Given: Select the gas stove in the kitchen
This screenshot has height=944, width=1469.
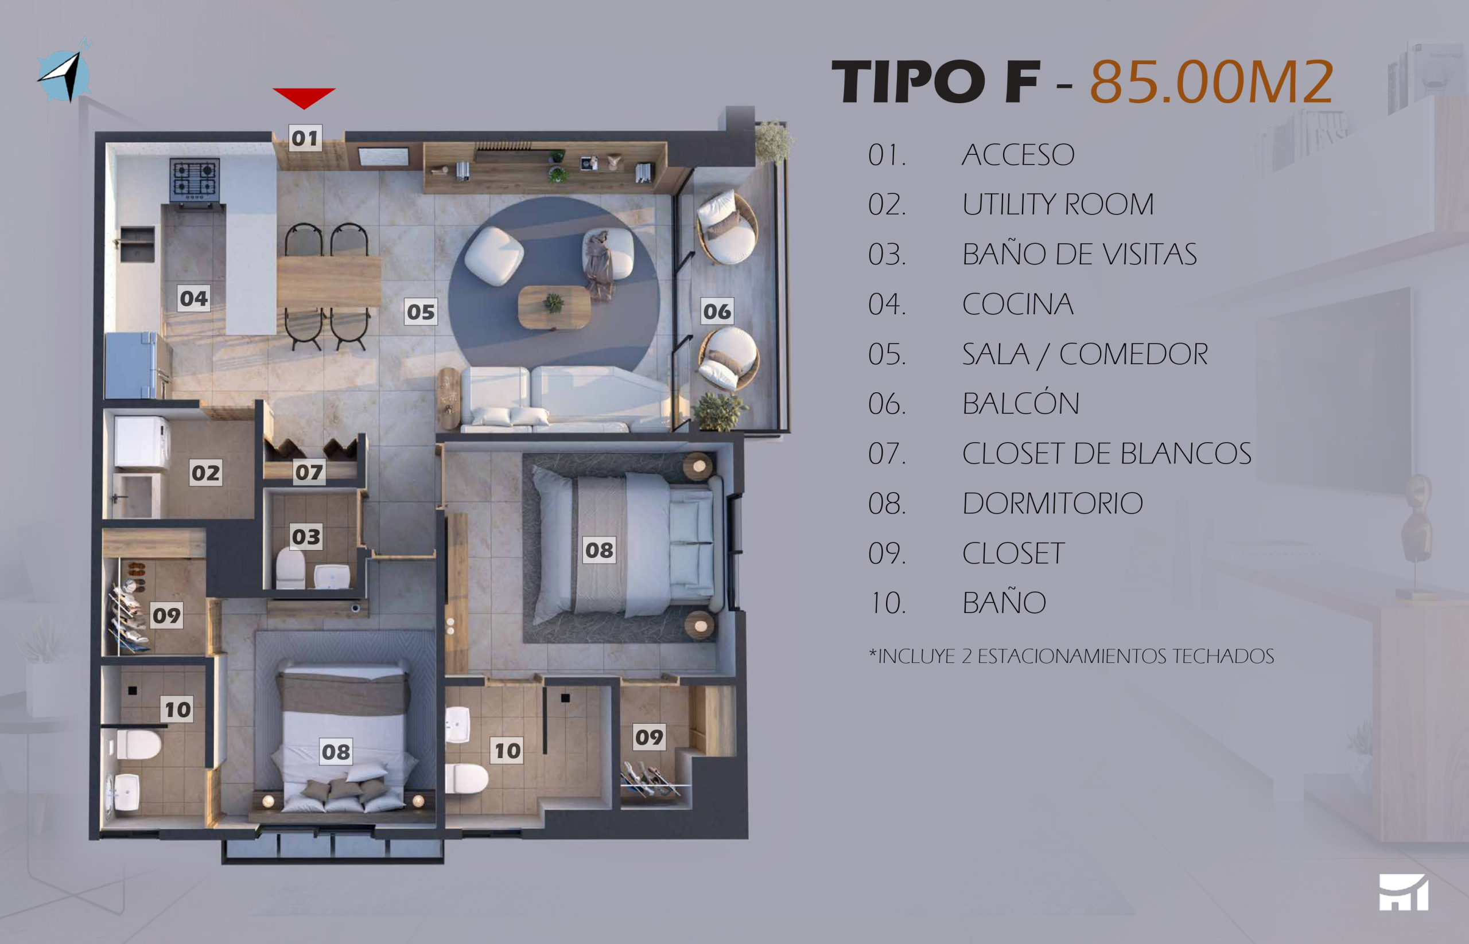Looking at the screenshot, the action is point(195,181).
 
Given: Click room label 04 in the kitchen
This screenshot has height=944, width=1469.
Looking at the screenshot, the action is point(194,299).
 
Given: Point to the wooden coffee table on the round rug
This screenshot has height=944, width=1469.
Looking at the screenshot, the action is point(554,307).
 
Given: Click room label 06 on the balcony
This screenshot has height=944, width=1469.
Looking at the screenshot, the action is point(717,311).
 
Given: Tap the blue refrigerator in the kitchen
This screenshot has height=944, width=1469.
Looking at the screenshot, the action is point(136,366).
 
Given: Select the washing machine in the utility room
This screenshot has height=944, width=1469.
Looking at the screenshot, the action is point(142,443).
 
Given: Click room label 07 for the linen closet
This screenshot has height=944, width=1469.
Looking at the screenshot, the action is point(309,472).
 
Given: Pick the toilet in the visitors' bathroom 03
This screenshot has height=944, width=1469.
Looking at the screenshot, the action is point(290,570).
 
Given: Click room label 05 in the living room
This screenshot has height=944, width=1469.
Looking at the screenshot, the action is point(421,312).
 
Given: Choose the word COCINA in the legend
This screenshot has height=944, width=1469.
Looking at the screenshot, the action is point(1017,304).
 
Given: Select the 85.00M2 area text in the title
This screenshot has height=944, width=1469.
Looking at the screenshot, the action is point(1211,81).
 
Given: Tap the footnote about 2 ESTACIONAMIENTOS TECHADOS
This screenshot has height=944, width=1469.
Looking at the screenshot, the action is point(1071,657).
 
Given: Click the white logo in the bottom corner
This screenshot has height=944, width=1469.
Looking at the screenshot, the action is point(1404,892).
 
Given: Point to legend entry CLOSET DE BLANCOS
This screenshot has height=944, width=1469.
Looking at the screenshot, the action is point(1106,454).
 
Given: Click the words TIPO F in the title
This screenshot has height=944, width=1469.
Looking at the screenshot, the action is point(936,81).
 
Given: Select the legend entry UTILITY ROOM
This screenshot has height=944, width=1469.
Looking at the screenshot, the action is point(1058,204).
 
